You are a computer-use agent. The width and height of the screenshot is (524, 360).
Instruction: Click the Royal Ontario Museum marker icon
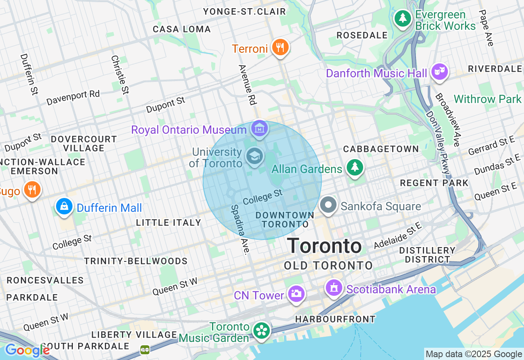(259, 129)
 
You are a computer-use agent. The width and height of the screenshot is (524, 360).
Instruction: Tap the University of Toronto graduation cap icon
(255, 157)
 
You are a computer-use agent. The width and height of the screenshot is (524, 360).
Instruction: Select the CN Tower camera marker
(296, 293)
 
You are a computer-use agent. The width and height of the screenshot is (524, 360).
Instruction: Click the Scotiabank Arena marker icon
(334, 288)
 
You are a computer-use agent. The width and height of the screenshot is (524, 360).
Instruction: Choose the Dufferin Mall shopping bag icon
(64, 207)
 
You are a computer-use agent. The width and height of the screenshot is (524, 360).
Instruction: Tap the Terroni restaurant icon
(280, 47)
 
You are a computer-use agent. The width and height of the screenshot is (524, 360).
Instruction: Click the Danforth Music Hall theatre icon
(440, 72)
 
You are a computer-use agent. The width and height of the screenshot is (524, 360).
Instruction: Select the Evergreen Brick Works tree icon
(403, 18)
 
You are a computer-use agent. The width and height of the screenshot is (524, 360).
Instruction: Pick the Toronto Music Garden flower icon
(261, 331)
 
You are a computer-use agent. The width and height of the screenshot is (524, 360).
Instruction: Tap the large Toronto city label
(324, 246)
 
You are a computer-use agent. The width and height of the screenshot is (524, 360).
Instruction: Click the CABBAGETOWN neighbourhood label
(381, 149)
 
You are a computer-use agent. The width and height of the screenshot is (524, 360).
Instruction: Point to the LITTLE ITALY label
(168, 223)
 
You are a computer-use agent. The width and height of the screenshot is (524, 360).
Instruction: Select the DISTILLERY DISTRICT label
(427, 254)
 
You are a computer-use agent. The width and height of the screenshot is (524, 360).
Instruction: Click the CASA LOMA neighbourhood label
(182, 29)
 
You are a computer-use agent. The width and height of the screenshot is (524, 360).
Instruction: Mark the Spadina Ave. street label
(240, 229)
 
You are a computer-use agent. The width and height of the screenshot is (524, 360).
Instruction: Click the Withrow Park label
(488, 99)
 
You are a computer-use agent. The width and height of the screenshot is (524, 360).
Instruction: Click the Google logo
(27, 350)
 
